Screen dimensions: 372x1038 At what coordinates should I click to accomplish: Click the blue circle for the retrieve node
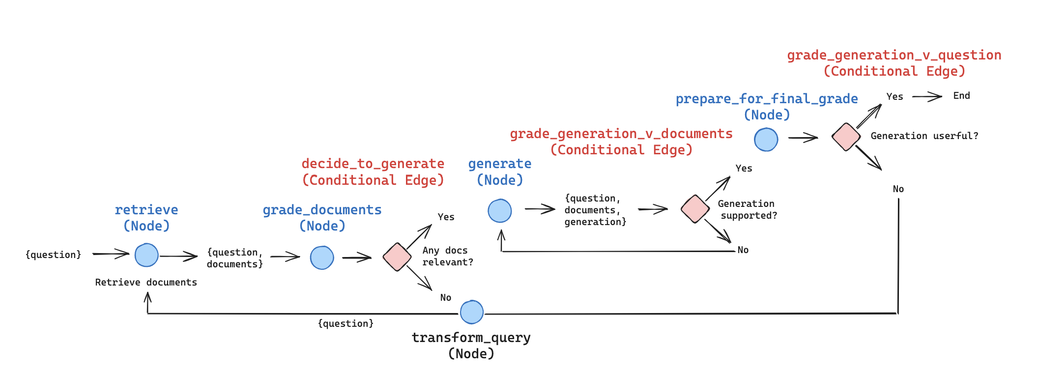coord(146,255)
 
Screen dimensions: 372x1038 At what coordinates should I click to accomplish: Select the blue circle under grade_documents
coord(322,258)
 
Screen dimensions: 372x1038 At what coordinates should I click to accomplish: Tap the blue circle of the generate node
coord(500,211)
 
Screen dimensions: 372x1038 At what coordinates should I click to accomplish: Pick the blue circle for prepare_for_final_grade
coord(766,140)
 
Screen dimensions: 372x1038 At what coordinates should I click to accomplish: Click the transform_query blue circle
coord(472,312)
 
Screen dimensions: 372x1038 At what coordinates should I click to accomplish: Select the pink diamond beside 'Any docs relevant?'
coord(397,257)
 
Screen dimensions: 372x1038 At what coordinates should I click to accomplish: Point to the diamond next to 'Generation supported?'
coord(695,209)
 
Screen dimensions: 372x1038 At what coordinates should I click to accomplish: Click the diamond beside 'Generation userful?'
coord(846,137)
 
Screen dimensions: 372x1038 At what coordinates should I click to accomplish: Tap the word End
coord(961,96)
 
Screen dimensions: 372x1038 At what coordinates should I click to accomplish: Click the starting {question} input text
coord(53,255)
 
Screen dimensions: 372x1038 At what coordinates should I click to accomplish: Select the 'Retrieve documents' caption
coord(146,282)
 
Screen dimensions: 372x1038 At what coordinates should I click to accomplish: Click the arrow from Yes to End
coord(927,97)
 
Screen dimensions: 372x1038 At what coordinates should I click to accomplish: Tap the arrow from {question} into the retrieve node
coord(111,254)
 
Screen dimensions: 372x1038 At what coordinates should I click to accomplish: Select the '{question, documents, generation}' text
coord(595,210)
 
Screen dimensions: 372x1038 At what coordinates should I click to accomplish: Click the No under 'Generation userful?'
coord(898,189)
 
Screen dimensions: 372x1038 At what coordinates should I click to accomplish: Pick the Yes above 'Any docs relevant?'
coord(446,217)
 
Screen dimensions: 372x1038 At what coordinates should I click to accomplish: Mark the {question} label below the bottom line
coord(346,323)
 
